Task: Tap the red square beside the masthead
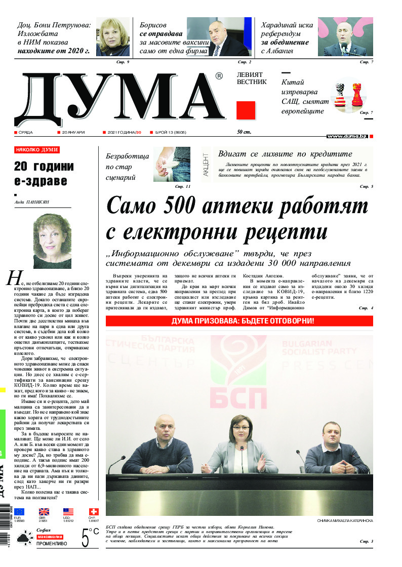(246, 110)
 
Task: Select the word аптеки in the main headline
(256, 207)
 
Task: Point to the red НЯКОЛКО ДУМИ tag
(37, 150)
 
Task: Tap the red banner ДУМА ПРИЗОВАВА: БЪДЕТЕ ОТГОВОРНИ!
(239, 321)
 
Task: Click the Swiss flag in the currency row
(94, 512)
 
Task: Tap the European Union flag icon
(19, 512)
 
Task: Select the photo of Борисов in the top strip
(219, 37)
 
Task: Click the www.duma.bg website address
(347, 136)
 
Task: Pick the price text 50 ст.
(245, 132)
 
